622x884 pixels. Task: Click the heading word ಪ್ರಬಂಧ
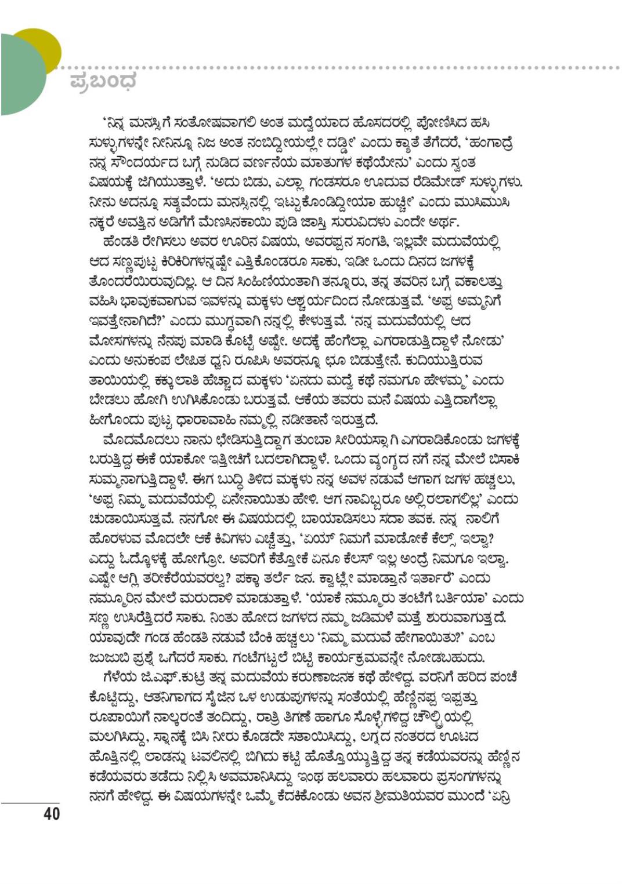pyautogui.click(x=103, y=81)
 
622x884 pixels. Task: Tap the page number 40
pyautogui.click(x=52, y=813)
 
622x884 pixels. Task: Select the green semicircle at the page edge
pyautogui.click(x=20, y=75)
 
